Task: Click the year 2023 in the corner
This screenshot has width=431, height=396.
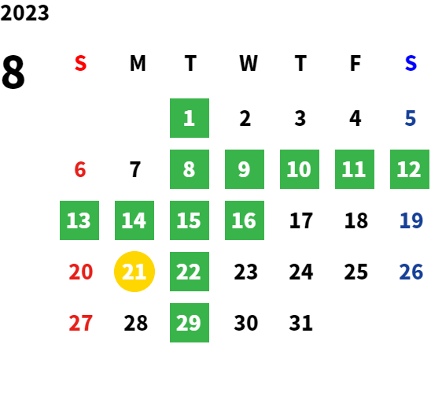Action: (x=24, y=13)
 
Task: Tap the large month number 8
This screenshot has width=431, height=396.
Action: (x=13, y=72)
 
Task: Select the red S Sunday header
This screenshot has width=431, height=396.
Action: (x=80, y=63)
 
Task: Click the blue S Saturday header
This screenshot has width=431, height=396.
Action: (x=411, y=63)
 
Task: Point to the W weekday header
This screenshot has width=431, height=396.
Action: (x=249, y=63)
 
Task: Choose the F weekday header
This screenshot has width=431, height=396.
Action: (x=355, y=63)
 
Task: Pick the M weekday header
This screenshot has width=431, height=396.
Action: (x=138, y=63)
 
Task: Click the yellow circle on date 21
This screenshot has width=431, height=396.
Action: (x=134, y=272)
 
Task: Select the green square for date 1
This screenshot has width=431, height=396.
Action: (x=190, y=118)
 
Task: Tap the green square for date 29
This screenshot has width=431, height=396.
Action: (x=190, y=323)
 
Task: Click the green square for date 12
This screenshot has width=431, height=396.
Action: (x=410, y=169)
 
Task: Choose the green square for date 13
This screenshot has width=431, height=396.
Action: (x=79, y=220)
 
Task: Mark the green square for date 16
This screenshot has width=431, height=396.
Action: (x=245, y=220)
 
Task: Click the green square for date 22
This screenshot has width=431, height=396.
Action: (x=190, y=272)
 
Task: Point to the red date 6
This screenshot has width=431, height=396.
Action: (x=80, y=169)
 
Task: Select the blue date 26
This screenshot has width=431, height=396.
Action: (x=411, y=272)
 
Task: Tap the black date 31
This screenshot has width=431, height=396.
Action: (x=300, y=323)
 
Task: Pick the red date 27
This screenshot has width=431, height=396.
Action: (x=80, y=323)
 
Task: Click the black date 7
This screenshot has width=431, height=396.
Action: (x=135, y=169)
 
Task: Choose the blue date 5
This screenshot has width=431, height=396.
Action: (x=410, y=118)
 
